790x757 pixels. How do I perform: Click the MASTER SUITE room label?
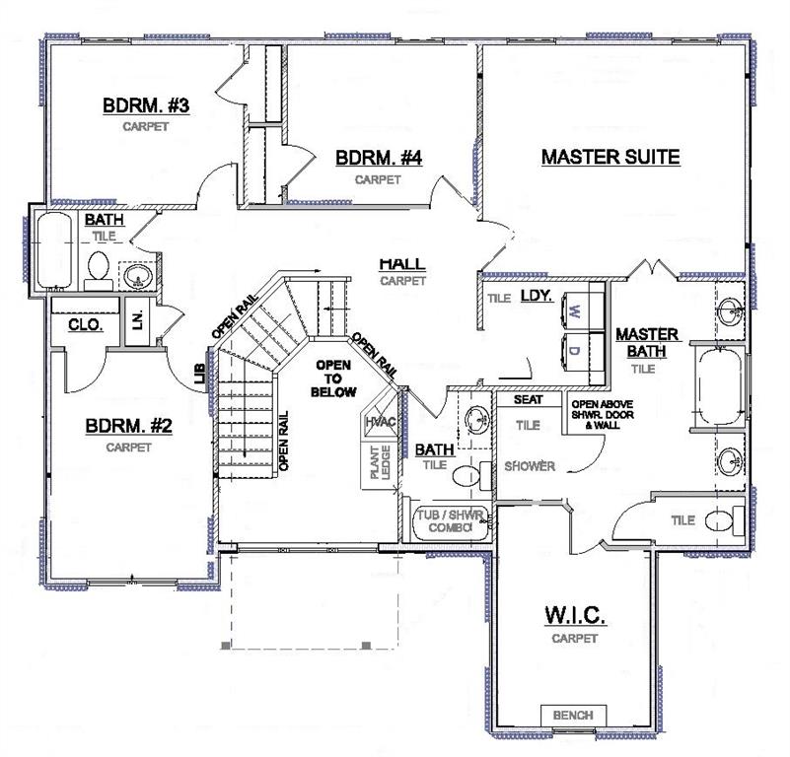(610, 157)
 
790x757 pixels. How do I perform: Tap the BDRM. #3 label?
(146, 105)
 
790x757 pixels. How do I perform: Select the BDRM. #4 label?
(379, 158)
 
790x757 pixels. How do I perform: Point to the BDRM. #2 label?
(128, 426)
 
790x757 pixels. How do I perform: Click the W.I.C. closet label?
(575, 614)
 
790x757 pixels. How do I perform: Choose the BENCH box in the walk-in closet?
(573, 716)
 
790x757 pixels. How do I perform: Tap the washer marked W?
(583, 311)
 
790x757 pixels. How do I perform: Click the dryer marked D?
(583, 351)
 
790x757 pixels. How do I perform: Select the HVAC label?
(381, 422)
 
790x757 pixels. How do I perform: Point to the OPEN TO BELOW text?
(333, 378)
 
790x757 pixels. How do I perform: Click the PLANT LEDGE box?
(380, 463)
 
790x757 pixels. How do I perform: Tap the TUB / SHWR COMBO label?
(450, 521)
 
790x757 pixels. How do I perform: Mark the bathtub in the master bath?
(719, 387)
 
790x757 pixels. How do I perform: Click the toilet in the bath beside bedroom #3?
(99, 270)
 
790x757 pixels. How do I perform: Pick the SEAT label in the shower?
(528, 399)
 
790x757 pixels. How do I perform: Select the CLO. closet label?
(86, 324)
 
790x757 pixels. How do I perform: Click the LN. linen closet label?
(138, 318)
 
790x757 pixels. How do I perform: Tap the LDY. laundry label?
(537, 295)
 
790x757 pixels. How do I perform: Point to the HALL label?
(402, 263)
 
